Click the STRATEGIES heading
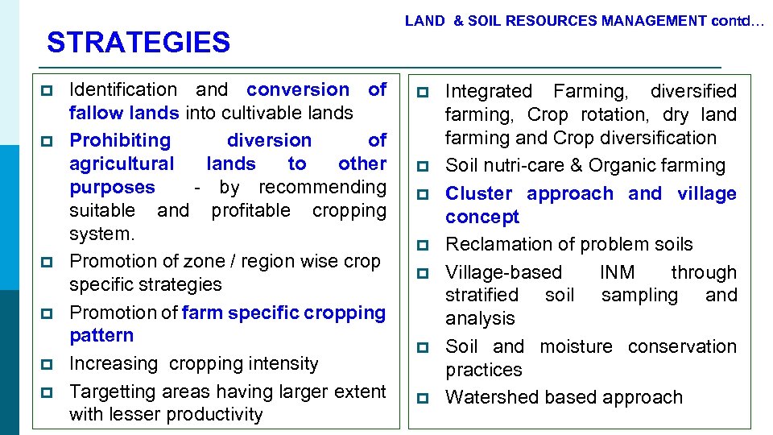pos(138,42)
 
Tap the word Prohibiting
pos(120,140)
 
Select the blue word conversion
pos(298,89)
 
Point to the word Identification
pos(123,89)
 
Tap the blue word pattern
pos(101,335)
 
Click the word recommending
pos(322,187)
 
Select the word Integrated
pos(489,91)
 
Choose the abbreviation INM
pos(617,272)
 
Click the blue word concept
pos(482,217)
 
